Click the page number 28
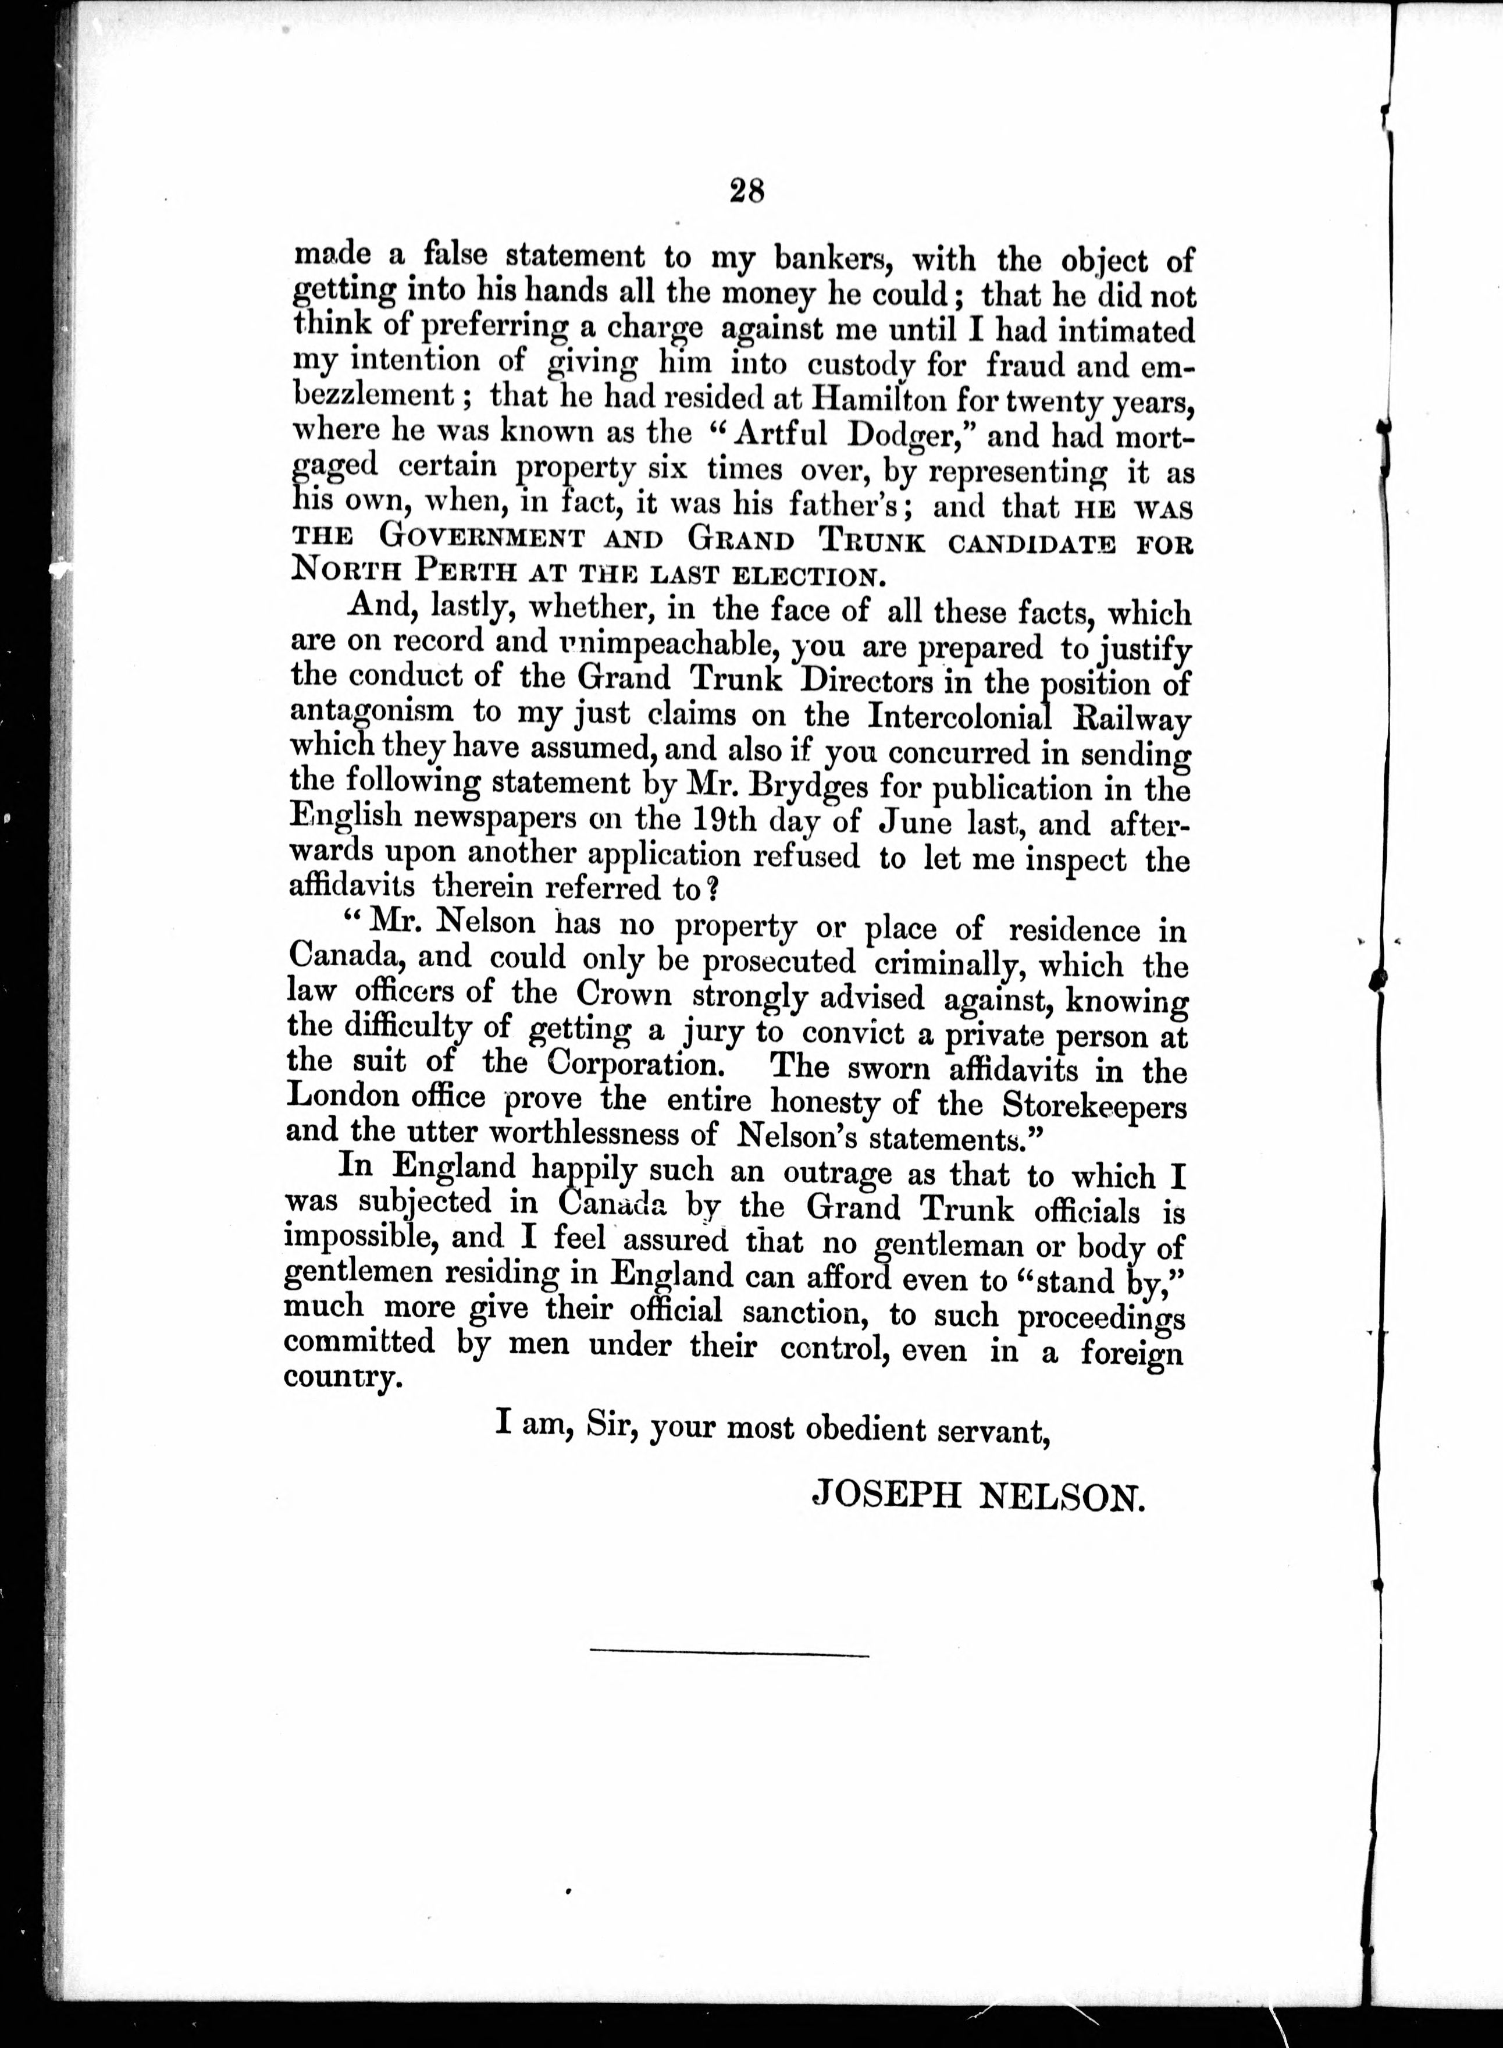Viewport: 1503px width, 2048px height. coord(747,190)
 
